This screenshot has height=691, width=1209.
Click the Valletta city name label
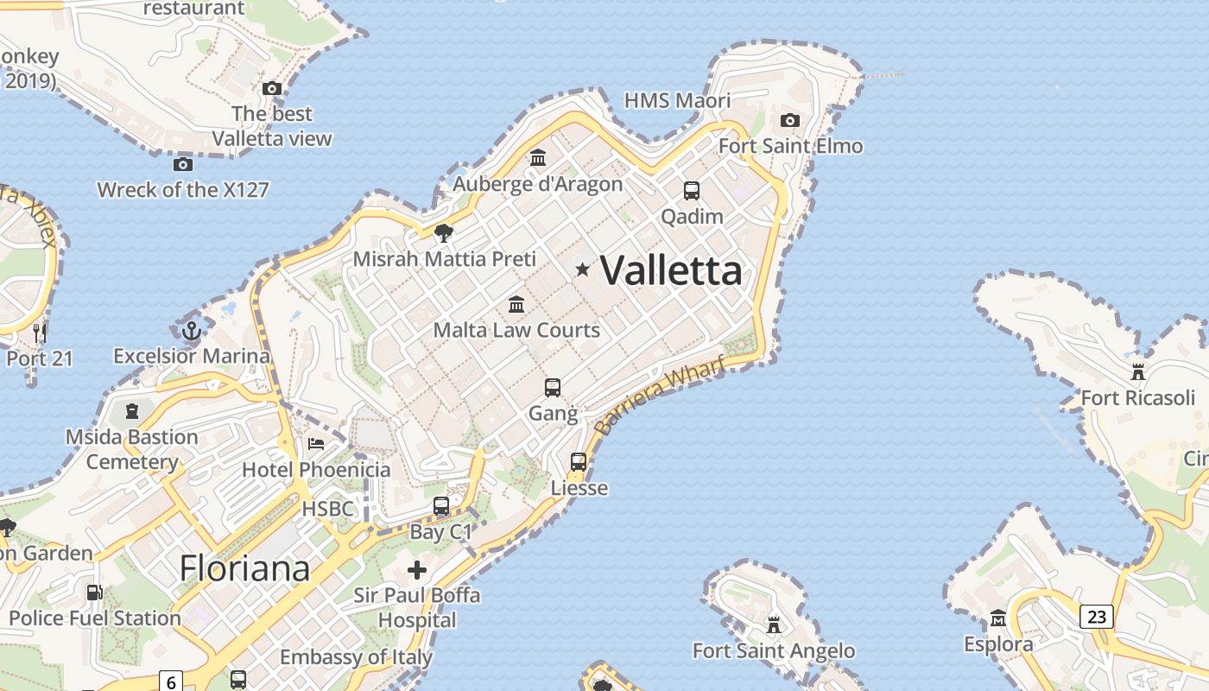point(671,270)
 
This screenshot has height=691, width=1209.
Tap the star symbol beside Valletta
point(583,269)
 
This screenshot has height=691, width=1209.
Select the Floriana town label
point(244,568)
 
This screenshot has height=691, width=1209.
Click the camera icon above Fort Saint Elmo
point(789,120)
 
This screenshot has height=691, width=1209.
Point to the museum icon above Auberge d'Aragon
point(538,157)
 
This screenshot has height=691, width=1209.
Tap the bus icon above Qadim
point(691,191)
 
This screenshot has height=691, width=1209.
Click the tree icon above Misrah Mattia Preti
point(443,232)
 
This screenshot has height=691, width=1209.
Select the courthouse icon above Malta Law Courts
point(516,304)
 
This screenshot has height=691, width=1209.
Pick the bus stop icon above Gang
point(553,388)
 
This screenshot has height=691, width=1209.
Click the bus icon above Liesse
point(579,462)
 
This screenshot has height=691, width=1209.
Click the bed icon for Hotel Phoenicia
point(316,444)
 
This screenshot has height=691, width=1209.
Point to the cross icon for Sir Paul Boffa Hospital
point(417,569)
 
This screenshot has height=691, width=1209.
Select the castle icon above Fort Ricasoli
point(1138,371)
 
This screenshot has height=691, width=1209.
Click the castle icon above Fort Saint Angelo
point(774,624)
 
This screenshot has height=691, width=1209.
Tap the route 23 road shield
point(1097,617)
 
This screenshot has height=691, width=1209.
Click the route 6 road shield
point(171,682)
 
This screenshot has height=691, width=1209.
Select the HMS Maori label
point(677,100)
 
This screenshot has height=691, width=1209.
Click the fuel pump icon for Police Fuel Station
point(93,593)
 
